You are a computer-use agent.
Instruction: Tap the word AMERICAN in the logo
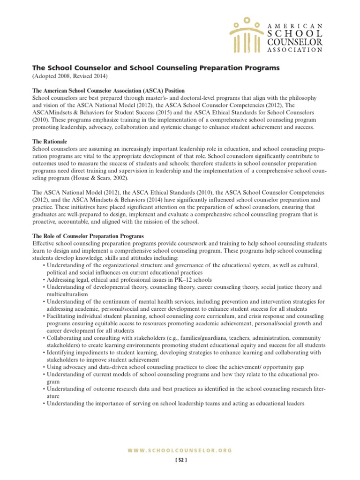(294, 26)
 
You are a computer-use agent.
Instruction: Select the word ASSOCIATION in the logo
(294, 50)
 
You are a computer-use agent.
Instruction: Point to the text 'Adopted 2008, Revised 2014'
(70, 76)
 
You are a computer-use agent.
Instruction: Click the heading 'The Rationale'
(50, 141)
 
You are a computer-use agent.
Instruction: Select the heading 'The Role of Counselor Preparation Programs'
(88, 236)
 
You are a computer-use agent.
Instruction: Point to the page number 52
(180, 460)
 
